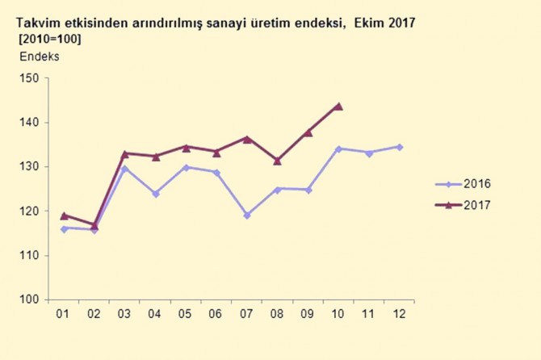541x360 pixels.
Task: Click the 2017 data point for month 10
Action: [338, 106]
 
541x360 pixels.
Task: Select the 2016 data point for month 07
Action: [247, 216]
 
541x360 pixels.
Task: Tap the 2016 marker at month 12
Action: [399, 147]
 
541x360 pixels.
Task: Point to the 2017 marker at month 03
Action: [125, 153]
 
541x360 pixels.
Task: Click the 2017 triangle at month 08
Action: [278, 161]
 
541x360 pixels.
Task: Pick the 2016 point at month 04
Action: [156, 194]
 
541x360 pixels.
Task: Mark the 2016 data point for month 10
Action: [338, 149]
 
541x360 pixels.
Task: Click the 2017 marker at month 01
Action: [65, 216]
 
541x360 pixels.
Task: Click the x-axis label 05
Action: [186, 313]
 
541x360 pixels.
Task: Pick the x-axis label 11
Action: [368, 313]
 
